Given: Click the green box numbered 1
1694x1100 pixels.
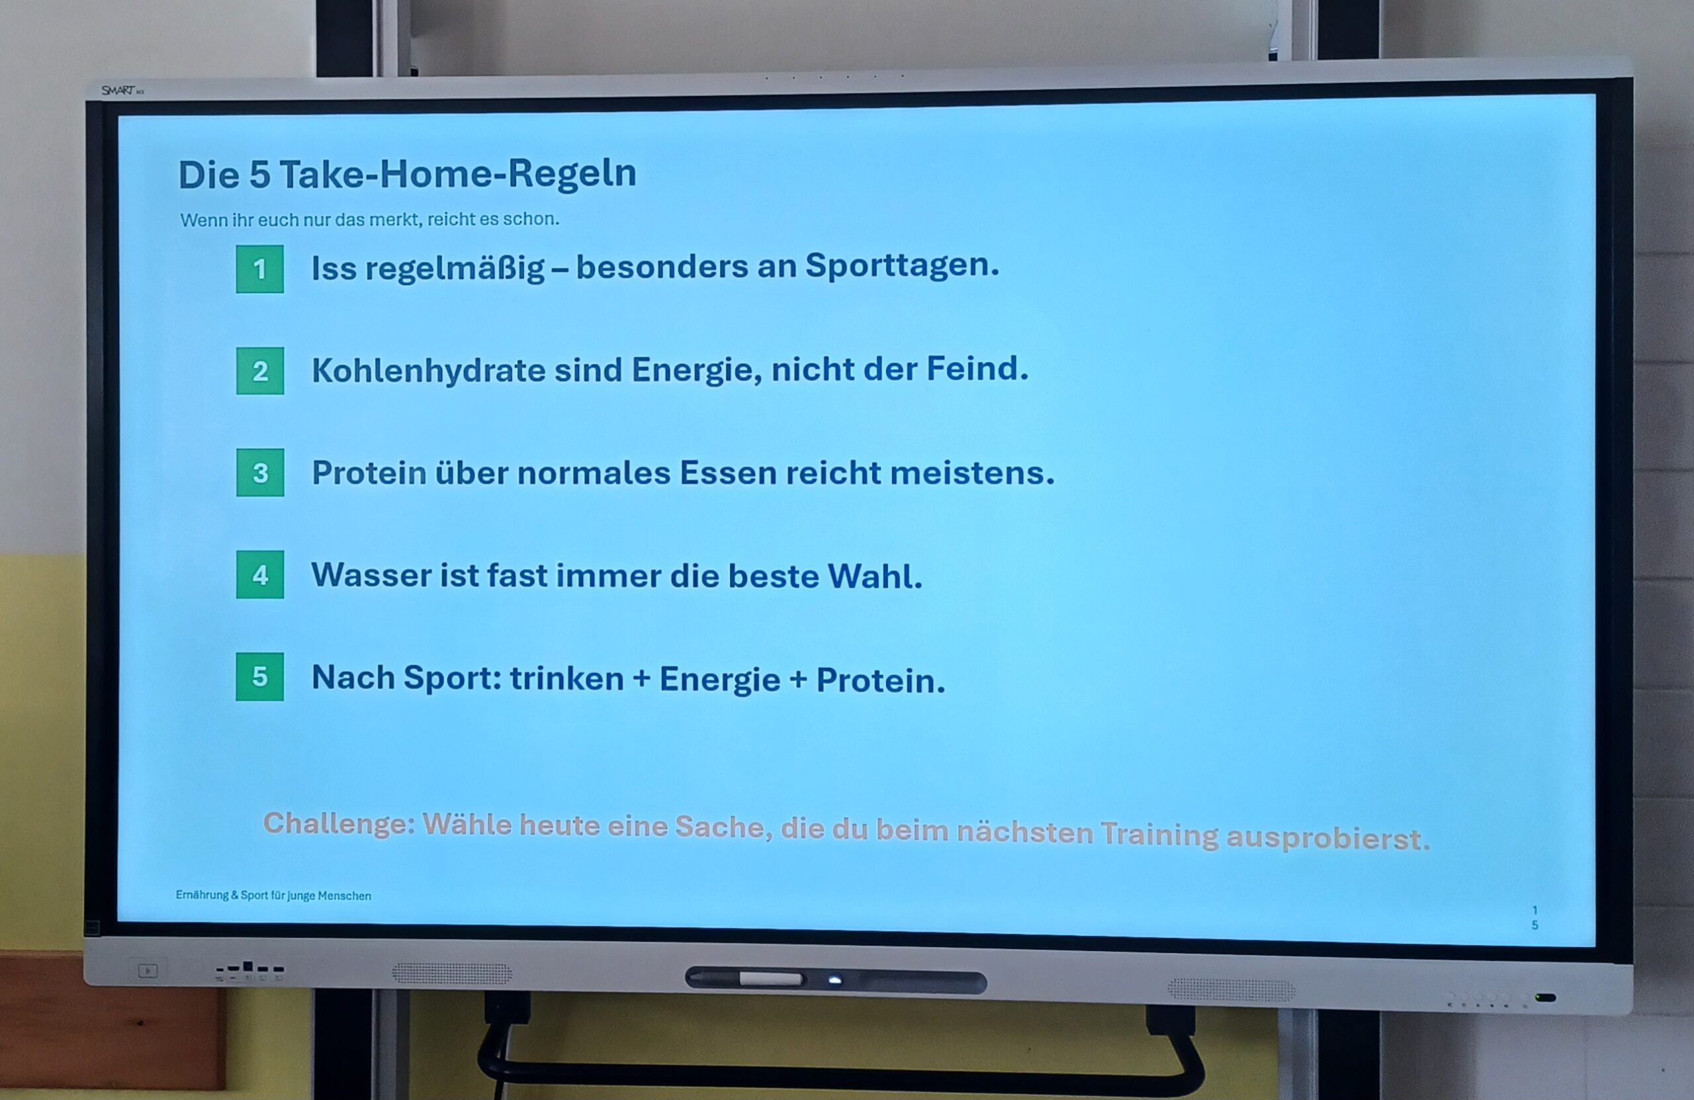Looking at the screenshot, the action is click(260, 269).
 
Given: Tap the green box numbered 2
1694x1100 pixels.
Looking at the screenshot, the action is click(260, 371).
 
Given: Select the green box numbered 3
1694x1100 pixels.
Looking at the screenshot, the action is click(260, 473).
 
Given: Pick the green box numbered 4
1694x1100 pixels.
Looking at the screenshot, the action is click(260, 574).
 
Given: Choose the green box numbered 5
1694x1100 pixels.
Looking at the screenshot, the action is click(260, 676).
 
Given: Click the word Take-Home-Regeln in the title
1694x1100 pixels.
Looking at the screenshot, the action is click(458, 175).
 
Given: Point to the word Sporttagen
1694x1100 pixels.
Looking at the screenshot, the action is click(902, 266).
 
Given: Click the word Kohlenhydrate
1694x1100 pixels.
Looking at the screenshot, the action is click(429, 371).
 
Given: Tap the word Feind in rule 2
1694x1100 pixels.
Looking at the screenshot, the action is click(977, 369).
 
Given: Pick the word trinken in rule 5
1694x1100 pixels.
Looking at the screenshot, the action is click(566, 678).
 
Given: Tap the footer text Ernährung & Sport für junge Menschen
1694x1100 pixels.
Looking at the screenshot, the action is click(273, 895).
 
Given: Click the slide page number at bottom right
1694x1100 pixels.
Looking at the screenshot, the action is click(1535, 918).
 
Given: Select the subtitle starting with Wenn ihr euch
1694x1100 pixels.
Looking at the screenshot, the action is click(369, 219).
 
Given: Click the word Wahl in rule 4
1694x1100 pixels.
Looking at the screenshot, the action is click(875, 576).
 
